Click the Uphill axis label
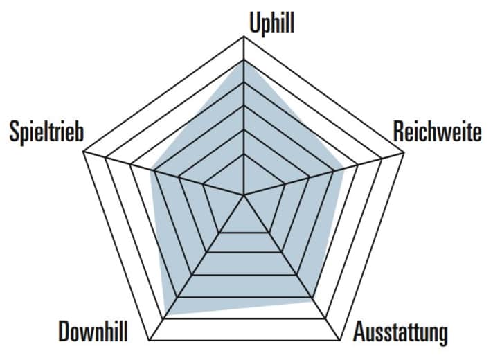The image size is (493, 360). point(271,23)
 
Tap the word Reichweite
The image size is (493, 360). point(437,132)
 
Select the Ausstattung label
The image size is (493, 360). point(400,333)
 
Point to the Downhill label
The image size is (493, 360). point(93,333)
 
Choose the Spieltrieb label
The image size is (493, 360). point(46,132)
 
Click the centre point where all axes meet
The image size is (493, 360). point(244,196)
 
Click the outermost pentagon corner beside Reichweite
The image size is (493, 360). point(404,154)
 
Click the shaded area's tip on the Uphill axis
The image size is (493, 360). point(244,60)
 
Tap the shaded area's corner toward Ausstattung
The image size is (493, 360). point(311,301)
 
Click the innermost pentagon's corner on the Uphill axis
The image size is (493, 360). point(244,154)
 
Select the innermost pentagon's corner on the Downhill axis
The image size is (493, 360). point(219,232)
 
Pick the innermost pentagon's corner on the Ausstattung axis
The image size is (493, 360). point(269,232)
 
